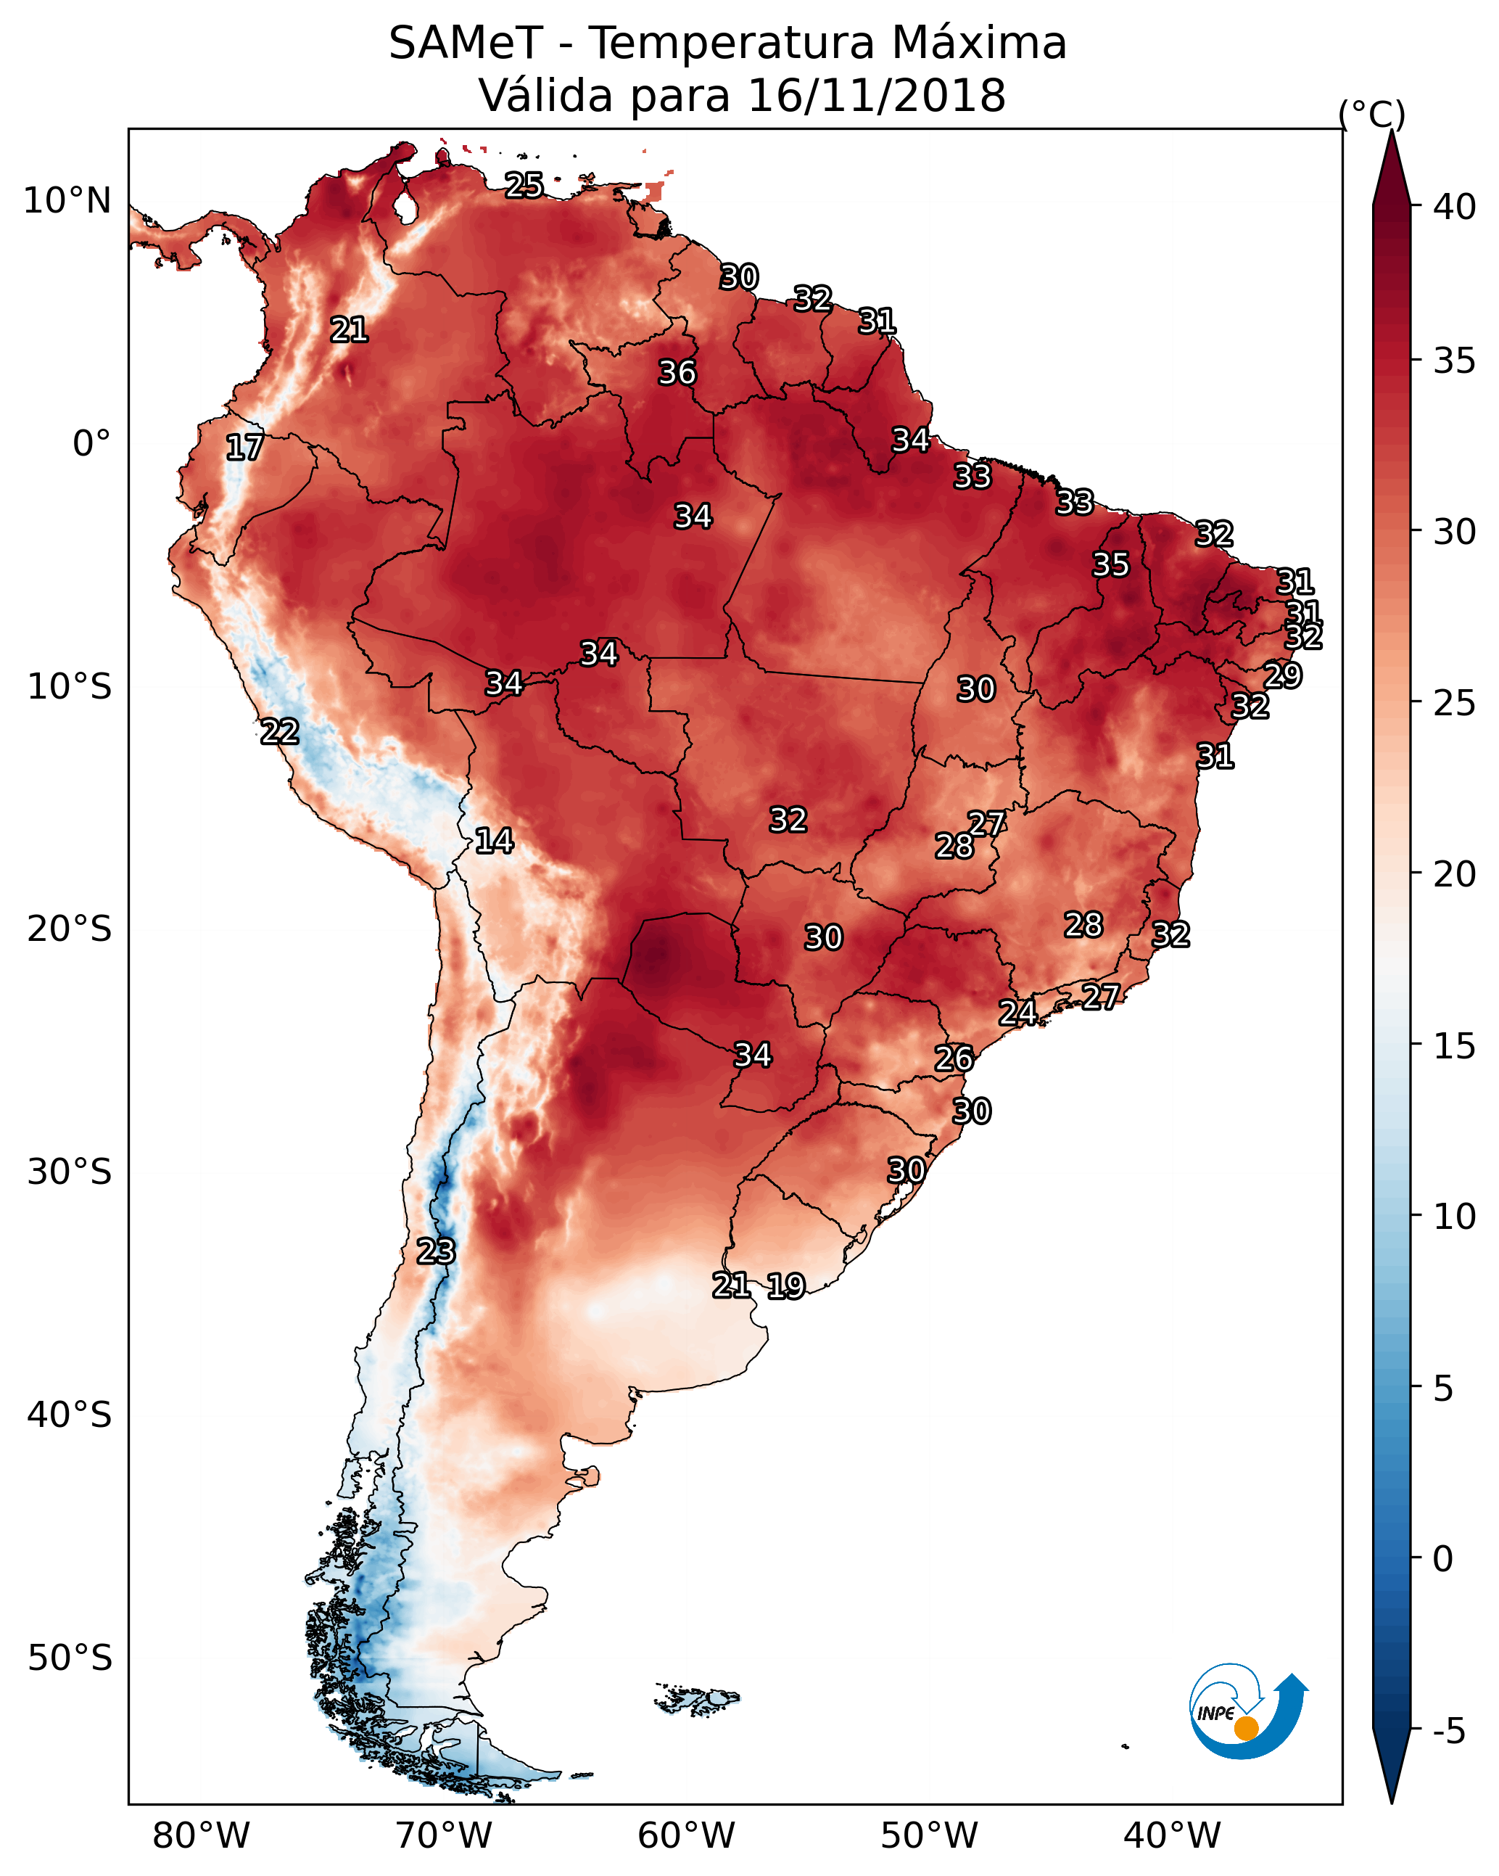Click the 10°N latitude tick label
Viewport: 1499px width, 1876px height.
(x=67, y=201)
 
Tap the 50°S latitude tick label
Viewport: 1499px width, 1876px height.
(x=70, y=1658)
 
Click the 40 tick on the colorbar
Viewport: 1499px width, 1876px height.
(x=1455, y=207)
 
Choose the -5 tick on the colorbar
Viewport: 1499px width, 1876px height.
(x=1450, y=1731)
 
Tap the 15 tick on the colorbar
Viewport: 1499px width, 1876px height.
(x=1455, y=1046)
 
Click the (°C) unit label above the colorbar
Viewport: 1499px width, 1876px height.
(x=1372, y=114)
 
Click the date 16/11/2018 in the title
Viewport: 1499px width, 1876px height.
(x=876, y=96)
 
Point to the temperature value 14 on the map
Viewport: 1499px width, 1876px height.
(x=493, y=841)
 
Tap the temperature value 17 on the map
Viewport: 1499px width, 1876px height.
(x=244, y=448)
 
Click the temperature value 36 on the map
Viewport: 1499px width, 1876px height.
(x=677, y=372)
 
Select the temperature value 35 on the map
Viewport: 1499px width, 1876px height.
(x=1110, y=564)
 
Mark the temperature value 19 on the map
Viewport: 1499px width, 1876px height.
(x=785, y=1285)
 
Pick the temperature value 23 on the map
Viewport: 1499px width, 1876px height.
(x=435, y=1251)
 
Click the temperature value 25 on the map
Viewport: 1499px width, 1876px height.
(x=524, y=184)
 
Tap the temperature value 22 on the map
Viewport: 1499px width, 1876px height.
(x=279, y=731)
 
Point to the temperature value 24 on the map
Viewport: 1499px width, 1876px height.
(x=1017, y=1012)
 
